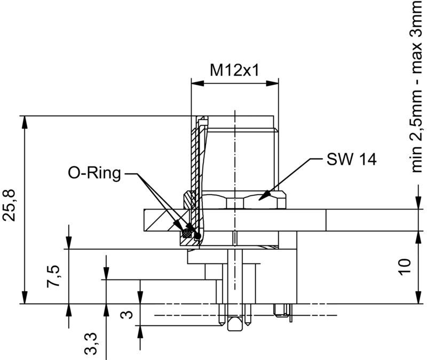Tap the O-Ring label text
tap(94, 173)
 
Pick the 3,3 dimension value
tap(92, 343)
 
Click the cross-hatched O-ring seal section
tap(187, 233)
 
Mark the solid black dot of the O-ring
tap(198, 235)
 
